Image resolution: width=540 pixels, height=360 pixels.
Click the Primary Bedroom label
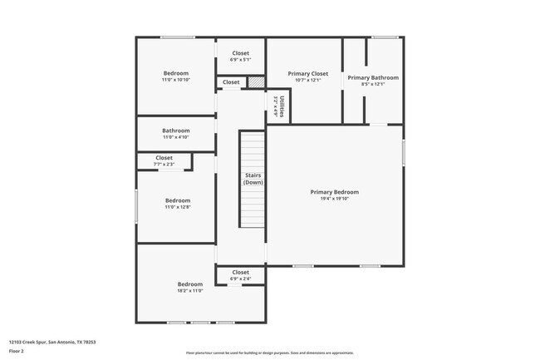[x=334, y=192]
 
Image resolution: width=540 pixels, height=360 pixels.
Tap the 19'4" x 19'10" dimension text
[x=334, y=199]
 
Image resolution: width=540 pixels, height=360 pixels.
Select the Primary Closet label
[x=308, y=74]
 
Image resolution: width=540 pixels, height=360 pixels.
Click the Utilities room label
[x=282, y=107]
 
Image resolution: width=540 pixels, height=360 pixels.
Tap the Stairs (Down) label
[x=253, y=179]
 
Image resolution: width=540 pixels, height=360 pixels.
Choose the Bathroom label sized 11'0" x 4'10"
[x=176, y=131]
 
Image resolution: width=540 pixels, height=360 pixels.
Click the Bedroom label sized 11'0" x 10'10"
[x=176, y=73]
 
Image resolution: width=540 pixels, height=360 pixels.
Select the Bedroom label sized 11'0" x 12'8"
[x=178, y=200]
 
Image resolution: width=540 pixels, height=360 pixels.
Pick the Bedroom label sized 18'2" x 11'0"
[x=189, y=284]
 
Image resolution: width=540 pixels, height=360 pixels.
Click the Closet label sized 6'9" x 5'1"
[x=240, y=53]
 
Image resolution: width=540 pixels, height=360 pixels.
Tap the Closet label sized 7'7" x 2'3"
[x=164, y=158]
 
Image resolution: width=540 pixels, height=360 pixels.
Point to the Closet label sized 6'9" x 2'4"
[x=240, y=272]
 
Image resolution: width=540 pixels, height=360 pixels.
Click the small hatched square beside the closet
[x=256, y=81]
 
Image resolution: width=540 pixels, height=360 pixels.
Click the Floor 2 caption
[x=17, y=351]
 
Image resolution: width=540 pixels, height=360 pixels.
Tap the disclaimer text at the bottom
[x=269, y=353]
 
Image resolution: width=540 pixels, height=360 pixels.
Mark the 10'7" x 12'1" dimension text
[x=308, y=81]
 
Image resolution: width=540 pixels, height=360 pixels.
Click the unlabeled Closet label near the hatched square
[x=231, y=82]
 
